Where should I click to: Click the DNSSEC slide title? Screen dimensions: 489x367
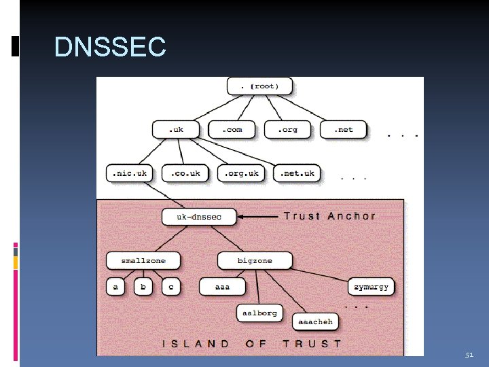[x=110, y=48]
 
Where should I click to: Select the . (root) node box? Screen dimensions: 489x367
[x=259, y=86]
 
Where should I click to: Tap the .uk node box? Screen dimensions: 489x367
[x=176, y=129]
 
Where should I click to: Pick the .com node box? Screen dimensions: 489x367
[x=232, y=129]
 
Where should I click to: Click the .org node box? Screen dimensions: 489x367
[x=289, y=129]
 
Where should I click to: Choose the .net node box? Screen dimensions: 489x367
[x=344, y=129]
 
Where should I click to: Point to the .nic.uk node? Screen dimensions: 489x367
[x=130, y=173]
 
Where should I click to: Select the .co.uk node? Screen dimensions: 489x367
[x=185, y=173]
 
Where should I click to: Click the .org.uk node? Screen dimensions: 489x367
[x=242, y=173]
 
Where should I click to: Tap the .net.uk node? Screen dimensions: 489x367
[x=297, y=173]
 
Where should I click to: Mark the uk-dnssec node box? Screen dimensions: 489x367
[x=200, y=217]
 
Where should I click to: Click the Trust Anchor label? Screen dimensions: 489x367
[x=329, y=216]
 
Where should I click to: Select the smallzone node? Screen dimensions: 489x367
[x=143, y=260]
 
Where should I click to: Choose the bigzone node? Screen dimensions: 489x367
[x=255, y=260]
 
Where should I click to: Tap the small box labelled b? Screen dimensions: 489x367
[x=143, y=287]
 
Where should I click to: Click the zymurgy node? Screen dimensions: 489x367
[x=372, y=287]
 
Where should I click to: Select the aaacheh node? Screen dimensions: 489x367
[x=316, y=321]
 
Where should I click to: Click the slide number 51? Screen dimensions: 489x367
[x=469, y=355]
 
